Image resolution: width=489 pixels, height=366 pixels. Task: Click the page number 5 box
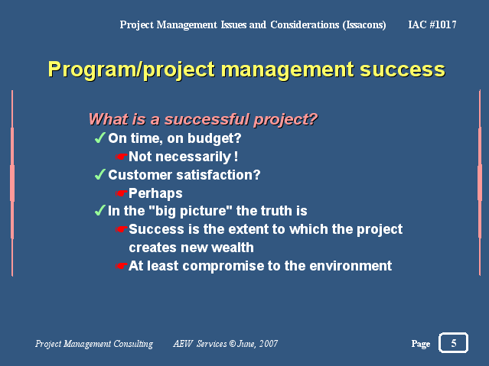(453, 342)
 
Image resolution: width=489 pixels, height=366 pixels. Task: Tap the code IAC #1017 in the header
(432, 24)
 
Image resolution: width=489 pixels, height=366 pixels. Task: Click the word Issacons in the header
(364, 25)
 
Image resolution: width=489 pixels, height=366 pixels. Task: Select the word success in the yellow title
(403, 70)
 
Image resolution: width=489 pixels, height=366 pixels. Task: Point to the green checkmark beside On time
(99, 138)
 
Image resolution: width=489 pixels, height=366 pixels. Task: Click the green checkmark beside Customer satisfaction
(99, 174)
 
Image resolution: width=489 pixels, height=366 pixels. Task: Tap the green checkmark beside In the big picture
(99, 211)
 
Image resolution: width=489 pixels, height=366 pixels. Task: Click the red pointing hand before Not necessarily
(122, 157)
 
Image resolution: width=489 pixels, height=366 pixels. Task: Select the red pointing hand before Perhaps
(122, 193)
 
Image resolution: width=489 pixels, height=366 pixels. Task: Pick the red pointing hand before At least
(122, 266)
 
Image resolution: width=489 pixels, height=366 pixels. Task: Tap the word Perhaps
(155, 194)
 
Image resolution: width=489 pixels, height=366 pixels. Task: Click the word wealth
(233, 248)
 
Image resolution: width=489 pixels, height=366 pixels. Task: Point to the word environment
(350, 266)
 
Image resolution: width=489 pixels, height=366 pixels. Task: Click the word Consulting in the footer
(133, 344)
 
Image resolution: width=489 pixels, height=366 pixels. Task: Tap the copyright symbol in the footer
(233, 344)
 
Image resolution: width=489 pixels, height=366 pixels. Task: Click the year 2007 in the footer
(268, 344)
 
